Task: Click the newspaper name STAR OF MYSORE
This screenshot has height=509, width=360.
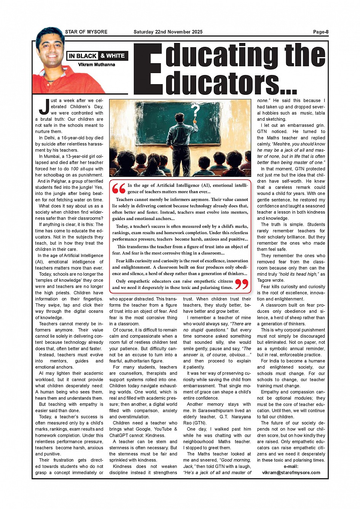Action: coord(86,32)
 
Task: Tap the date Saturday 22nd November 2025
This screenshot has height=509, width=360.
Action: coord(168,32)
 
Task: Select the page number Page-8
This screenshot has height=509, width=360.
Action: coord(321,32)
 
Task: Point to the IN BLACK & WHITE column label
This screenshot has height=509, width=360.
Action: coord(97,56)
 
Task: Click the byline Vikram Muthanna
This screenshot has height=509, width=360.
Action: coord(96,65)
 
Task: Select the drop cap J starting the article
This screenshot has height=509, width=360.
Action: coord(44,107)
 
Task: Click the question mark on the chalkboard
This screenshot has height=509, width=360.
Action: coord(195,111)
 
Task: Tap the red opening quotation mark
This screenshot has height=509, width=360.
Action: coord(119,188)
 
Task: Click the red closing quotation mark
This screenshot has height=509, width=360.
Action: coord(242,284)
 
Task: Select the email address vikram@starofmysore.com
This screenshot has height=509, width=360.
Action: coord(291,472)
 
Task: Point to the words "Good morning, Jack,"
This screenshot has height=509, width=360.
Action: coord(217,463)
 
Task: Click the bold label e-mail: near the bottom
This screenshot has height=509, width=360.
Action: coord(291,466)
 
